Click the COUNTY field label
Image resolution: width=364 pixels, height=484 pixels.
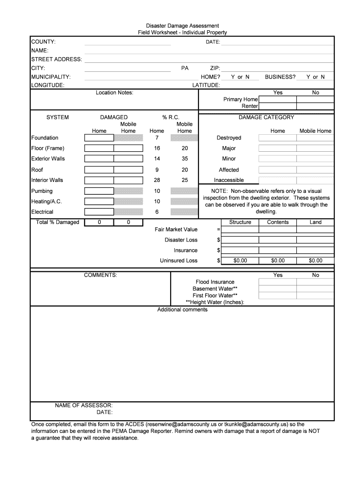tap(43, 42)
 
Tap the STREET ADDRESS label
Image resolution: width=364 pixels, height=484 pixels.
tap(57, 59)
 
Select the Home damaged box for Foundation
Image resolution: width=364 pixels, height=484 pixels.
tap(99, 138)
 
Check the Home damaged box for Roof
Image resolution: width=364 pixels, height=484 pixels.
tap(99, 170)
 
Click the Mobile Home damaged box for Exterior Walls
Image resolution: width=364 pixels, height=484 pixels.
tap(128, 159)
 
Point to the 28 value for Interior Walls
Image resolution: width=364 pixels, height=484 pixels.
tap(156, 180)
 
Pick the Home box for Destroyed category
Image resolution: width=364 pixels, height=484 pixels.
tap(277, 138)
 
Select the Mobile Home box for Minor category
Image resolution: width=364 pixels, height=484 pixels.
tap(315, 159)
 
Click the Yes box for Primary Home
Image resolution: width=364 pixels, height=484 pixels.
tap(277, 100)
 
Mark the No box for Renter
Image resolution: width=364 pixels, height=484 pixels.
tap(315, 106)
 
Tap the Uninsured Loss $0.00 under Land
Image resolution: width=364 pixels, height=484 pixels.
tap(315, 260)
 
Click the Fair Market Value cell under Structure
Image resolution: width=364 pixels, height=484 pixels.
tap(240, 229)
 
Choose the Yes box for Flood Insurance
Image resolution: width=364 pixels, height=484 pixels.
tap(277, 282)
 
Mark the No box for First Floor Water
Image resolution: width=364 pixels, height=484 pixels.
tap(315, 295)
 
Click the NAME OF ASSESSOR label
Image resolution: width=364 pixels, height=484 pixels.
tap(84, 406)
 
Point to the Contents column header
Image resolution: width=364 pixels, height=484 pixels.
tap(278, 222)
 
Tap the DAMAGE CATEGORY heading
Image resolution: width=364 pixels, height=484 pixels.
tap(266, 117)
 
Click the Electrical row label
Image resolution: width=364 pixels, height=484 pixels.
tap(42, 212)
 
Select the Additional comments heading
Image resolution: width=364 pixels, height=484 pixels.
tap(182, 310)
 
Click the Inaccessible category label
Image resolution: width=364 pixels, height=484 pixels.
tap(229, 180)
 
